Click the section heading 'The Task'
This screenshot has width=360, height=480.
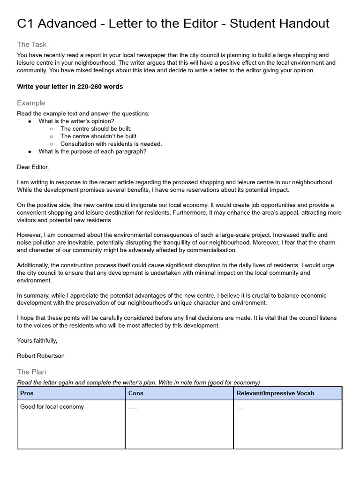click(31, 45)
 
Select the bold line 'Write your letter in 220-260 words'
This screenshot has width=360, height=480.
click(70, 87)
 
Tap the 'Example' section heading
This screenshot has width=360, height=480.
click(31, 103)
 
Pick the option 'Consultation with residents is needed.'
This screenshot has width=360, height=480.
click(111, 144)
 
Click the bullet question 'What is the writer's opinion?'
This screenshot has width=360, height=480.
click(76, 121)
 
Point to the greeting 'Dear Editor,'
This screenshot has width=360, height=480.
click(33, 167)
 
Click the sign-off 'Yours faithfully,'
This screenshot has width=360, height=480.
click(37, 340)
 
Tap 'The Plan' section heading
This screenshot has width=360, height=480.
click(31, 372)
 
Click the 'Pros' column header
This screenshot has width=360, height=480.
click(27, 393)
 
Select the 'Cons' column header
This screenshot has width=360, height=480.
click(136, 393)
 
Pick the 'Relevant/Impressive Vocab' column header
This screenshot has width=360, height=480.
click(275, 393)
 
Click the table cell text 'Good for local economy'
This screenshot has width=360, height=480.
click(52, 406)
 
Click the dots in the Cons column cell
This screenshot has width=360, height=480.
click(133, 407)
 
